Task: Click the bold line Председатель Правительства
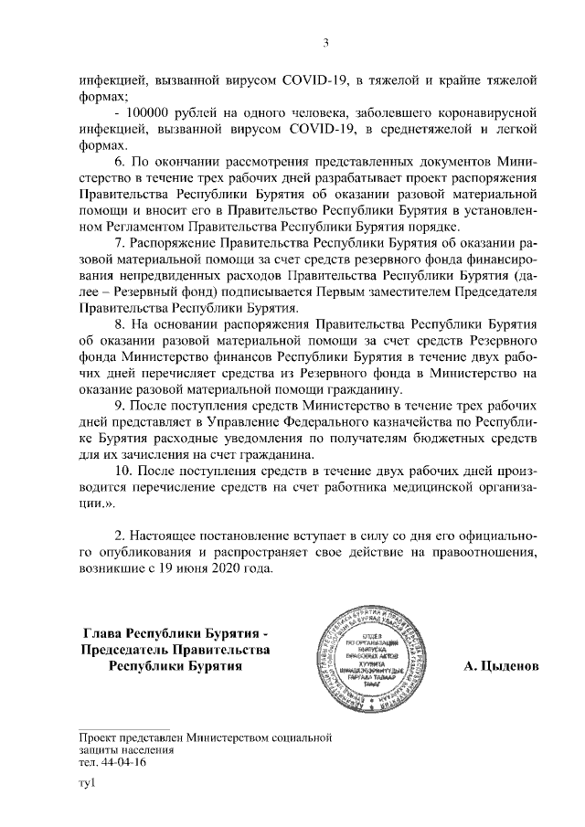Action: (175, 650)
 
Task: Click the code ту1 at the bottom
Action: (88, 784)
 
